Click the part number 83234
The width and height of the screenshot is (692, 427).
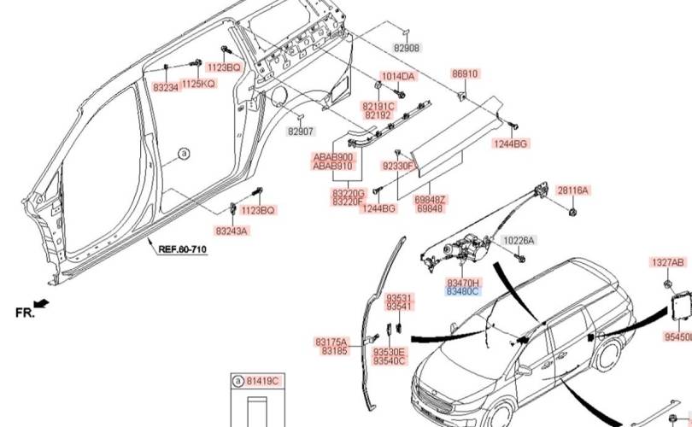tap(166, 87)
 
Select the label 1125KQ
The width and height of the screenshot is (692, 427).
tap(198, 83)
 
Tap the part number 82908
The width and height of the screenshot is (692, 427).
tap(407, 49)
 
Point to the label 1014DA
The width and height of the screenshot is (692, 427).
tap(397, 76)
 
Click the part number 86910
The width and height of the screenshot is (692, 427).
tap(465, 74)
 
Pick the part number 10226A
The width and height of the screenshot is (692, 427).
tap(518, 241)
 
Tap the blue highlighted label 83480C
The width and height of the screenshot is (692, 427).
tap(464, 291)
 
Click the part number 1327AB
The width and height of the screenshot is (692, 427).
tap(668, 262)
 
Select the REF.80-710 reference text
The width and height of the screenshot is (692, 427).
tap(182, 249)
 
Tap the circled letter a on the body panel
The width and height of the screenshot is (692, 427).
tap(183, 155)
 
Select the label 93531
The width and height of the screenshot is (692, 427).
tap(399, 298)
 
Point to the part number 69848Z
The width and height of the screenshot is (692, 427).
tap(429, 199)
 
